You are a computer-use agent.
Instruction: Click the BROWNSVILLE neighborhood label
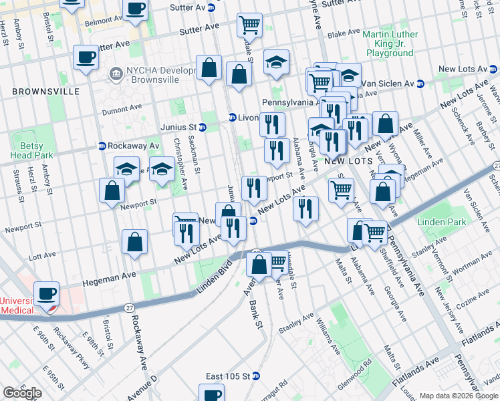[45, 92]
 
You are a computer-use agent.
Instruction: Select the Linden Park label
[435, 221]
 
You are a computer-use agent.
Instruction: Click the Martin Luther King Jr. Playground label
[390, 43]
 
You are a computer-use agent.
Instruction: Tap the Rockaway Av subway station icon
[102, 146]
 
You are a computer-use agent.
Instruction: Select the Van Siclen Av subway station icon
[420, 84]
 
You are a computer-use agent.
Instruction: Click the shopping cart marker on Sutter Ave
[249, 25]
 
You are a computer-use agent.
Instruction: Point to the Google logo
[22, 393]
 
